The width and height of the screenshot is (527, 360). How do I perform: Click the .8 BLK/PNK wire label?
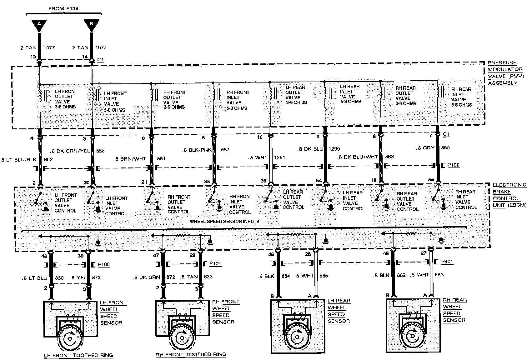(197, 150)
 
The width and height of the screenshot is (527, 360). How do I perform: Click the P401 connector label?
(448, 262)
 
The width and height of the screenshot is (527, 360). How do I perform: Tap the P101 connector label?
(215, 264)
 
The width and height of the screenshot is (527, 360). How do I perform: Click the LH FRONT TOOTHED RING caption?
(78, 355)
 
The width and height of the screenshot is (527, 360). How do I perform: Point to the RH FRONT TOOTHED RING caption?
(191, 355)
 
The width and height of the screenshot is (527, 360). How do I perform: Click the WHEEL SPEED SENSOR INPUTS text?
(224, 222)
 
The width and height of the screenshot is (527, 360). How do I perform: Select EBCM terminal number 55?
(431, 180)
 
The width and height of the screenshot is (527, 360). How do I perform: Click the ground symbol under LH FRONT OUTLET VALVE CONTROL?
(46, 209)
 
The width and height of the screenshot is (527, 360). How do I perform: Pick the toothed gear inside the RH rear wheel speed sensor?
(412, 335)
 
